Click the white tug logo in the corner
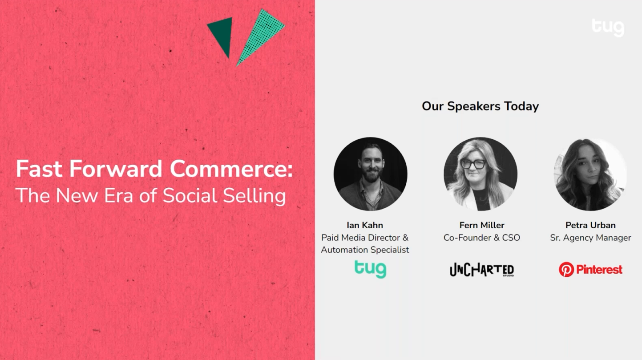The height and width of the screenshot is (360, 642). (608, 28)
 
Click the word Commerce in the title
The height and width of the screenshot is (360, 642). (231, 169)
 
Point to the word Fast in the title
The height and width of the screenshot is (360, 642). (39, 169)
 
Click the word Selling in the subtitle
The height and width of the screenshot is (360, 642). (254, 196)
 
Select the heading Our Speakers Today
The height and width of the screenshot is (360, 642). (480, 106)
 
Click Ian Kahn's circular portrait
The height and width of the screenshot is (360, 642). (370, 174)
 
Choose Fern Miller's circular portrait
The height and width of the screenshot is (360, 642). (480, 174)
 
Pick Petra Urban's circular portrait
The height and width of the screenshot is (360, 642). (590, 174)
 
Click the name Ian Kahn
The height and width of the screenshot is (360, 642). (365, 225)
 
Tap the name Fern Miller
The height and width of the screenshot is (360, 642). (482, 225)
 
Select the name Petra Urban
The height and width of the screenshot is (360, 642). (590, 225)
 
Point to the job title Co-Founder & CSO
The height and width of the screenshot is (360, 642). (482, 238)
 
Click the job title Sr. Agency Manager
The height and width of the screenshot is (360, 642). (590, 238)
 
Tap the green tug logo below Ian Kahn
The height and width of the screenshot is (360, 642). (370, 269)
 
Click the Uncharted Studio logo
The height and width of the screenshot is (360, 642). (482, 270)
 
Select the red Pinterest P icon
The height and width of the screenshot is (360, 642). (566, 269)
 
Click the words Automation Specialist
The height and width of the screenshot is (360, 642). (365, 250)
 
